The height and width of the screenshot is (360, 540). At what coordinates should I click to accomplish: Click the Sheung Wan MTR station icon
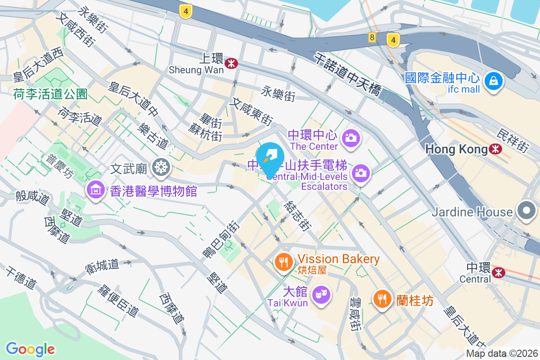tap(232, 63)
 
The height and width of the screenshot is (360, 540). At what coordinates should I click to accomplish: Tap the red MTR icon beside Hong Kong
tap(496, 149)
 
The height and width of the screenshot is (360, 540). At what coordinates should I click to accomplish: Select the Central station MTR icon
tap(499, 272)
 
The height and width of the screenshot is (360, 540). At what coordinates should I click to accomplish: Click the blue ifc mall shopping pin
tap(494, 81)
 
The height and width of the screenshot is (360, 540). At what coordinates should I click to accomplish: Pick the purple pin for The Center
tap(351, 137)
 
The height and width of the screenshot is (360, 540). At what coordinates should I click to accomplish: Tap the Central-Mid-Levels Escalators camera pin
tap(360, 172)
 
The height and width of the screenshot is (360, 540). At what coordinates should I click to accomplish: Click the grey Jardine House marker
tap(526, 211)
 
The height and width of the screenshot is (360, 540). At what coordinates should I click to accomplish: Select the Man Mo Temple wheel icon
tap(160, 167)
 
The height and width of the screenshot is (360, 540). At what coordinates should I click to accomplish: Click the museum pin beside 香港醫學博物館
tap(96, 190)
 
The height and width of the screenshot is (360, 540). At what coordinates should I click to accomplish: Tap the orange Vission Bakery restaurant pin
tap(283, 261)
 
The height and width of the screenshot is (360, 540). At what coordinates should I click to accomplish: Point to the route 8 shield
tap(372, 38)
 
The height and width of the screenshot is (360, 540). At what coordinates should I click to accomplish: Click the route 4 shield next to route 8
tap(393, 40)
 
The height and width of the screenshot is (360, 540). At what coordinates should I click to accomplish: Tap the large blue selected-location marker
tap(270, 158)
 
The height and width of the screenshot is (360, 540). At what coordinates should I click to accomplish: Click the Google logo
tap(30, 349)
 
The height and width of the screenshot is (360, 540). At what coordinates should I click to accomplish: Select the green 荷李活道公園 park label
tap(50, 94)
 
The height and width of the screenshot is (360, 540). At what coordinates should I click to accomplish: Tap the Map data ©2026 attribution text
tap(502, 354)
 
